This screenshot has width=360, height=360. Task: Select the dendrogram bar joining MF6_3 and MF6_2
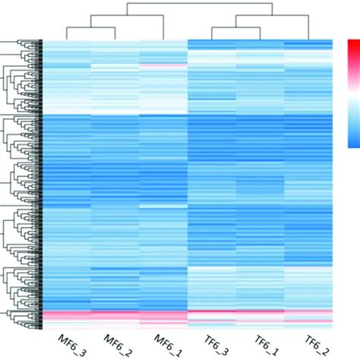(x=90, y=28)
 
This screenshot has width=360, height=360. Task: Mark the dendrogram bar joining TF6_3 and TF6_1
(x=236, y=28)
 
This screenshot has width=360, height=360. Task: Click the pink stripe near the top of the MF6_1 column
(x=163, y=67)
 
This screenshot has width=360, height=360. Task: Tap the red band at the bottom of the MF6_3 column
(x=66, y=316)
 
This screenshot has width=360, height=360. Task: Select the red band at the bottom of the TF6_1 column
(x=261, y=313)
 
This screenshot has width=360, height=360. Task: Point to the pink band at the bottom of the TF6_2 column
(x=309, y=314)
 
